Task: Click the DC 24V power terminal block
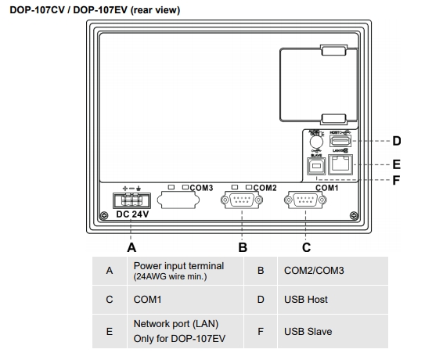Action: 131,199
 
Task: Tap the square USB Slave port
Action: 317,165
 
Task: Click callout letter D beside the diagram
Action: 396,142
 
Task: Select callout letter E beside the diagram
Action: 396,165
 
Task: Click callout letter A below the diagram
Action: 131,247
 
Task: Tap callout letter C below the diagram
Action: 306,247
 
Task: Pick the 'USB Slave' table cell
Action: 308,331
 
